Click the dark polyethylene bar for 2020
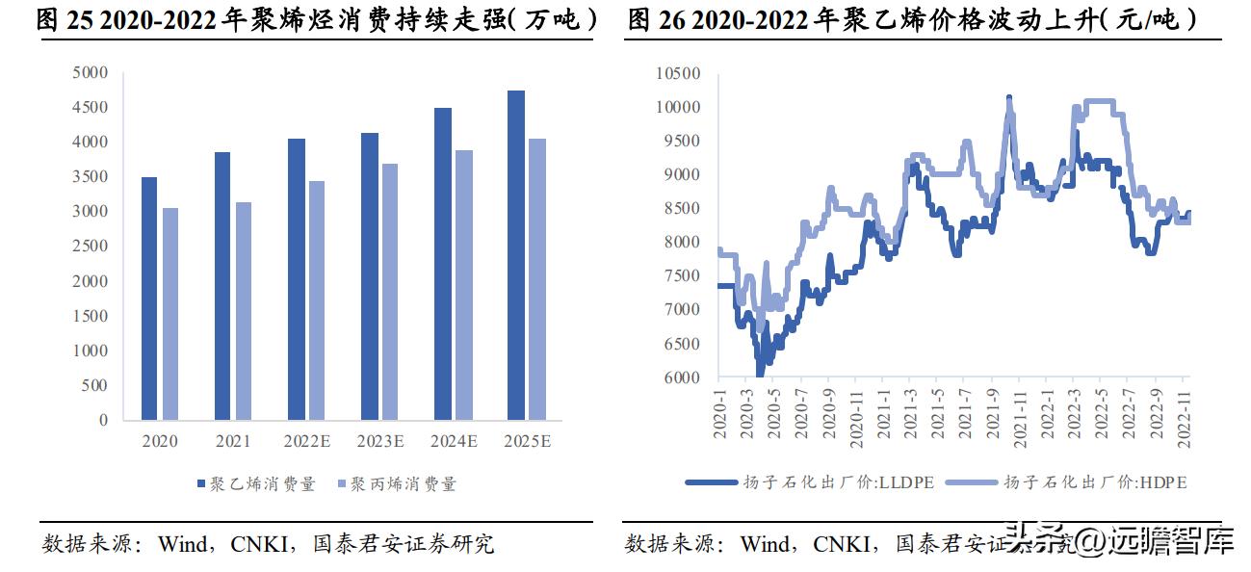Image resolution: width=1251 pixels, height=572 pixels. [x=149, y=299]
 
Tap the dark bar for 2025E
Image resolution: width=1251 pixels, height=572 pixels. [x=516, y=255]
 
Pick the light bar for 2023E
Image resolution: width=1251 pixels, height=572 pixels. [x=389, y=292]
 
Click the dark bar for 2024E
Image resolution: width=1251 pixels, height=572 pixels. [x=443, y=264]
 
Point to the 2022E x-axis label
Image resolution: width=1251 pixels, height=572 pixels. [x=307, y=442]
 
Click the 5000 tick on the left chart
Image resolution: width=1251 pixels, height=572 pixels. [x=91, y=72]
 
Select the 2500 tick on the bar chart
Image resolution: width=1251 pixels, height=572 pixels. [x=91, y=247]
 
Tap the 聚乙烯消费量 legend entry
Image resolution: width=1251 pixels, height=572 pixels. [x=257, y=484]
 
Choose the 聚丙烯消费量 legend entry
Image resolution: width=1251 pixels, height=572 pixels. [x=397, y=484]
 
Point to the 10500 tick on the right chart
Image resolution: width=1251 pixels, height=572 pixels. [x=679, y=74]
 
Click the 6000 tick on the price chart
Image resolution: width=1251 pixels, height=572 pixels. [x=683, y=377]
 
